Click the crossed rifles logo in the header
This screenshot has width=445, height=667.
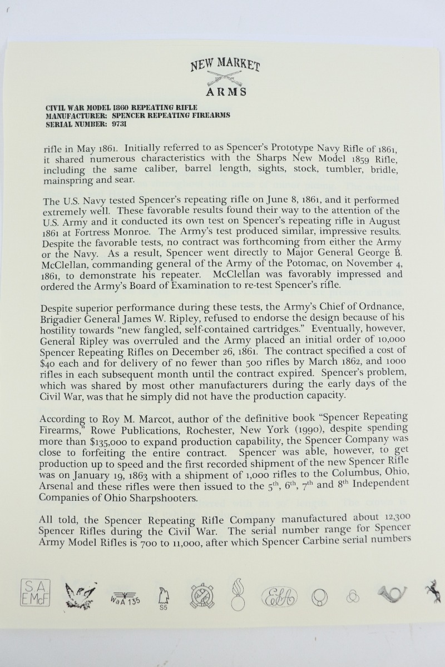225,77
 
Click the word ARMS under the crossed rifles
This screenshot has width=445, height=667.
225,92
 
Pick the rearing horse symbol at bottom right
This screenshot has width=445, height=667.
432,592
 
